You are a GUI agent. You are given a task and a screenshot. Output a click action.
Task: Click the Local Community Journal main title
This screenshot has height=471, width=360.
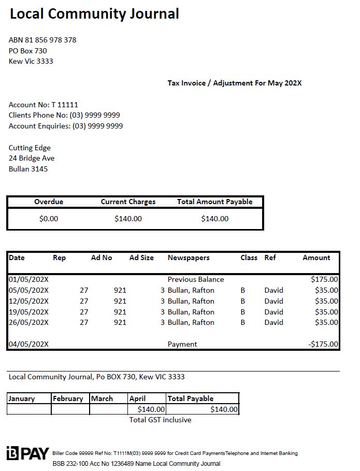94,14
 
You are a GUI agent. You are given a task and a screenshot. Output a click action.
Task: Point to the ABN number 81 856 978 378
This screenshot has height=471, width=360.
42,40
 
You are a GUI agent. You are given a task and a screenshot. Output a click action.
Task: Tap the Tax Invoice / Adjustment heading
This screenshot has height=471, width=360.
234,83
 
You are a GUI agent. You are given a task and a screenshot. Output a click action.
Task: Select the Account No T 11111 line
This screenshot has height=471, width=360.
44,105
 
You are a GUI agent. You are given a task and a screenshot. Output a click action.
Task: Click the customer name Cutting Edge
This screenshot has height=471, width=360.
30,148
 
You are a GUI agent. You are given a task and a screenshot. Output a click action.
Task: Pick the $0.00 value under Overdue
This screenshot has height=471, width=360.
49,219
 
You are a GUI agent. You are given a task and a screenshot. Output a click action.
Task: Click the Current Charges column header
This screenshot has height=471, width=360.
128,202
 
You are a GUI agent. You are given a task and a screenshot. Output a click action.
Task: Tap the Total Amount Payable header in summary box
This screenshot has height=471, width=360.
214,202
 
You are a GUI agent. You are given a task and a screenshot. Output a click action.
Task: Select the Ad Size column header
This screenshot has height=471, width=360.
141,258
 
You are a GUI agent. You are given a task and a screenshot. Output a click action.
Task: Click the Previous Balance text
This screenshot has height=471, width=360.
196,279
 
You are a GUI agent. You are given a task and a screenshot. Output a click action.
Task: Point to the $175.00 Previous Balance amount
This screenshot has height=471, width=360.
324,279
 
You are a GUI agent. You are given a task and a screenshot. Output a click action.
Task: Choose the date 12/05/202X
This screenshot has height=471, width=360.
28,301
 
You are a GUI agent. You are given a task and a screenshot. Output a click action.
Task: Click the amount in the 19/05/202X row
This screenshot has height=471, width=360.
326,312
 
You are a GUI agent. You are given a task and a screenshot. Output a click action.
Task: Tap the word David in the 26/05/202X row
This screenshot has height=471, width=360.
273,322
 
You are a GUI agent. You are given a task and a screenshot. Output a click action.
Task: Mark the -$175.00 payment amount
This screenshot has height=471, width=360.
323,344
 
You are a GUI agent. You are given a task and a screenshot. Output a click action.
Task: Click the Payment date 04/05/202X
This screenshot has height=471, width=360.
28,344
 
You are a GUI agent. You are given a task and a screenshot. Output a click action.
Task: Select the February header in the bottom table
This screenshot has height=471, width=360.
68,398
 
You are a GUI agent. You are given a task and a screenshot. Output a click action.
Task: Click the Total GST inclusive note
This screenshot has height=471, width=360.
160,420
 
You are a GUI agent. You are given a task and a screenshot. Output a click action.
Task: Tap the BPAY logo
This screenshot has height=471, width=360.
28,454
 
